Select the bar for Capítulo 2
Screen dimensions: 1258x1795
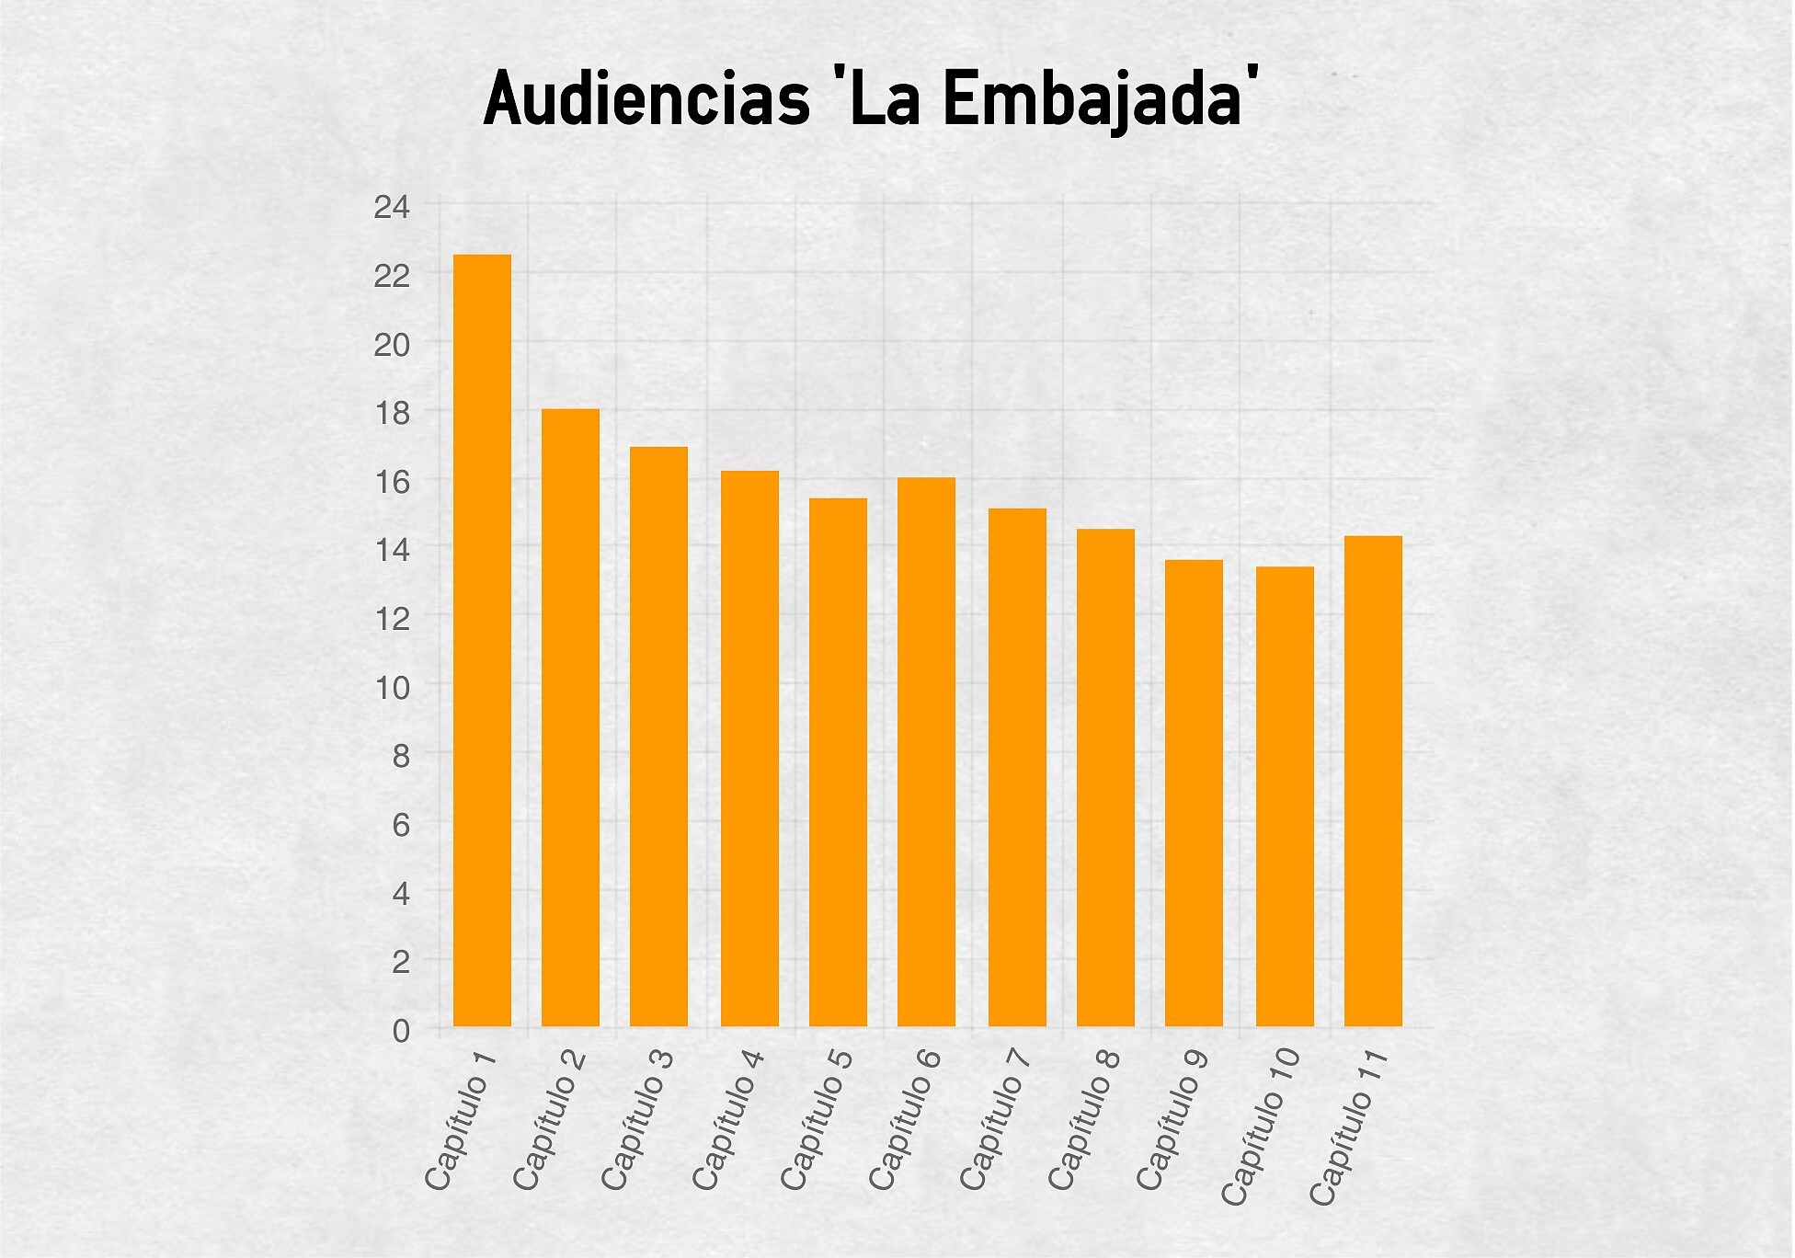[570, 717]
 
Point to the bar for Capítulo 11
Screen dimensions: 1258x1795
[1373, 781]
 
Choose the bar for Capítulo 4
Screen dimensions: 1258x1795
[749, 749]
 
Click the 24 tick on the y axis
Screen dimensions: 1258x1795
[392, 208]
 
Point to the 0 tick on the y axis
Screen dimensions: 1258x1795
[401, 1032]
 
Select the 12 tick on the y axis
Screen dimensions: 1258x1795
[392, 619]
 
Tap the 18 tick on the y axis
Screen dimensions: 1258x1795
[392, 414]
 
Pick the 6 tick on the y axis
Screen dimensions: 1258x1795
[401, 825]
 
